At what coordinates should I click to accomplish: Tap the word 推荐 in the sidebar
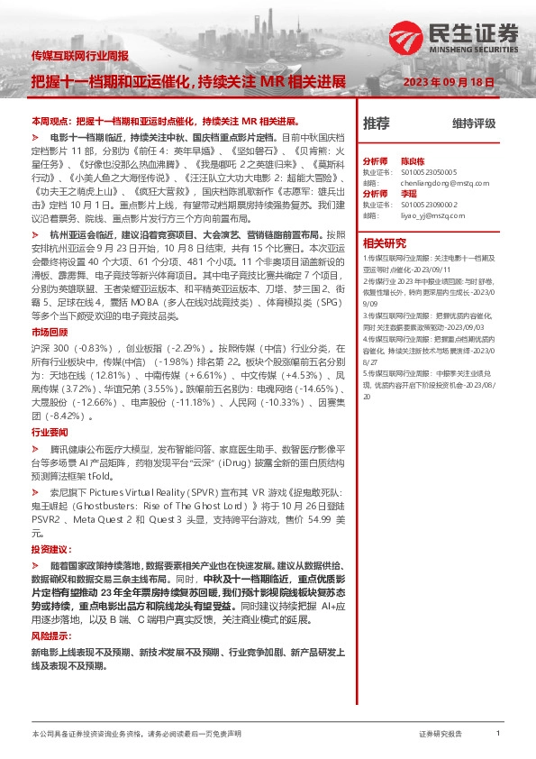point(376,123)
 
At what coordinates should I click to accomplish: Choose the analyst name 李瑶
point(409,193)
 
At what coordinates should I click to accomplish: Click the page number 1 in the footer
point(498,734)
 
